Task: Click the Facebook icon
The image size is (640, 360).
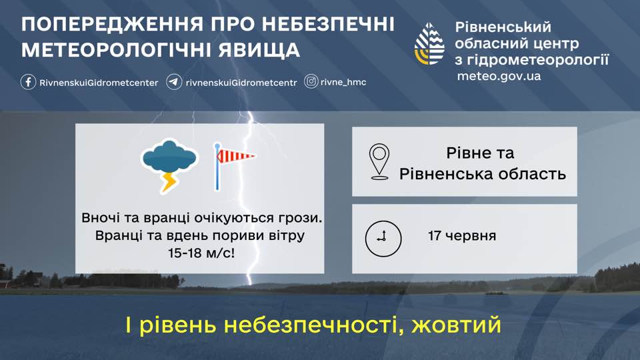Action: pos(28,82)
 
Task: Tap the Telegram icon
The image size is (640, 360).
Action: pos(174,82)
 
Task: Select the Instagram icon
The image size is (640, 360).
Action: pos(311,81)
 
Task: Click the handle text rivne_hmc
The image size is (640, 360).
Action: pos(343,83)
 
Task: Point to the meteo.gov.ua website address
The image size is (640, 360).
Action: pos(499,76)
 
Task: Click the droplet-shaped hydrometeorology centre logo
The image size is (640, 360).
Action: pos(429,44)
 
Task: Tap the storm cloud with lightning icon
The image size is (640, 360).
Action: pos(169,165)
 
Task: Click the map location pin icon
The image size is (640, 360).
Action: pos(379,161)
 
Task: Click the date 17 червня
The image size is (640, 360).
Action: pos(462,236)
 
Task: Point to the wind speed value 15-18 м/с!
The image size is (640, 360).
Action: pos(201,253)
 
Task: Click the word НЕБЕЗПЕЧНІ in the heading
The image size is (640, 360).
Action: pos(328,25)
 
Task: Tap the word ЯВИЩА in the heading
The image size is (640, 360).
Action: pos(259,50)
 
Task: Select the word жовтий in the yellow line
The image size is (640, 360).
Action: pos(456,325)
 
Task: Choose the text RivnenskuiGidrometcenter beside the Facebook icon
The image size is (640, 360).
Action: pos(99,83)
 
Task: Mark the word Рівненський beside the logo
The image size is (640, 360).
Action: pos(503,27)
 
